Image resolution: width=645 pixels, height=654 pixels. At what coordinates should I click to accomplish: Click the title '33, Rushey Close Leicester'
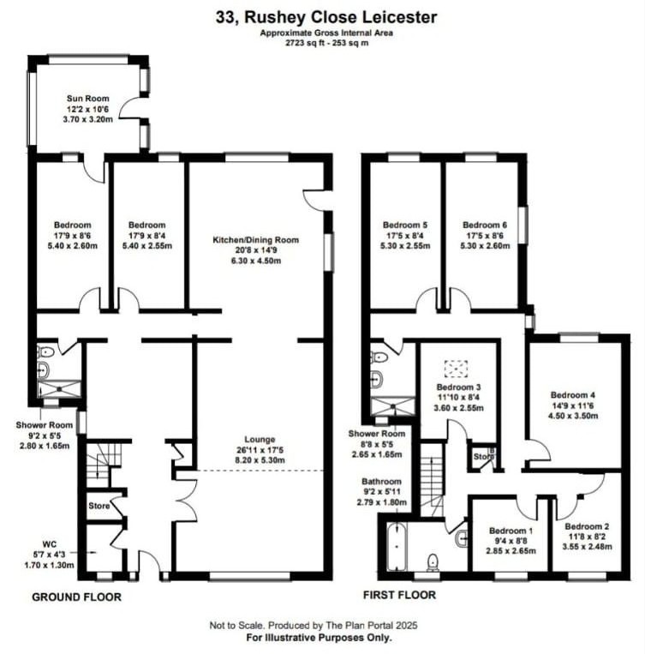pyautogui.click(x=322, y=16)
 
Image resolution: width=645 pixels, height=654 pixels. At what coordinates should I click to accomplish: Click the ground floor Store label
pyautogui.click(x=99, y=506)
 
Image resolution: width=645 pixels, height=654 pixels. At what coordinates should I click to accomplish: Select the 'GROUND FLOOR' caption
pyautogui.click(x=76, y=597)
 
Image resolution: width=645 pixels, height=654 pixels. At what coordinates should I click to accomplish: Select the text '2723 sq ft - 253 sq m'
pyautogui.click(x=321, y=42)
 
